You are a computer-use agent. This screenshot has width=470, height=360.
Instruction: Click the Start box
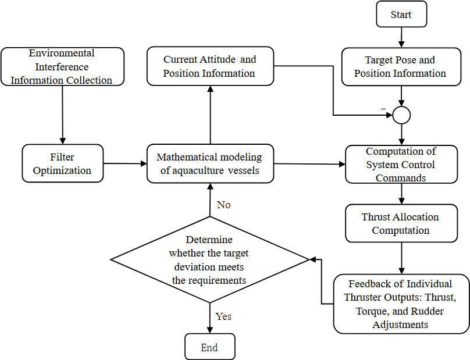(x=401, y=14)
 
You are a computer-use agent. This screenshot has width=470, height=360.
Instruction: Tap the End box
(x=210, y=347)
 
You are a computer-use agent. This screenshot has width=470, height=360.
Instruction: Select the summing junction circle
(x=401, y=115)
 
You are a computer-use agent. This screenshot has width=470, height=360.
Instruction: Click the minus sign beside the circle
(x=383, y=109)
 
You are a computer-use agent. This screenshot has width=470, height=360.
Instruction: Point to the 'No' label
(x=223, y=205)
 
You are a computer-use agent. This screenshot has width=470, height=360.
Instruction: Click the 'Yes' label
(x=223, y=316)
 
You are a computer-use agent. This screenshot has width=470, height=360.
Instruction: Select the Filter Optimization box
(x=63, y=163)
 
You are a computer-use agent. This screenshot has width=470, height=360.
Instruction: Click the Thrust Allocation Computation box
(x=401, y=223)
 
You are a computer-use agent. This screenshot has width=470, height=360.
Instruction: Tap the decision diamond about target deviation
(x=210, y=259)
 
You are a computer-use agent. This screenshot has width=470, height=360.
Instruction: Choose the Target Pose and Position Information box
(x=401, y=66)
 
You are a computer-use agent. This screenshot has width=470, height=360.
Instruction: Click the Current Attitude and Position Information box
(x=210, y=66)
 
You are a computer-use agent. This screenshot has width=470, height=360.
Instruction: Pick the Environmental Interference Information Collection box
(x=62, y=66)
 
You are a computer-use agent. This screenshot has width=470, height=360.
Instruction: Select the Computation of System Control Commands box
(x=401, y=164)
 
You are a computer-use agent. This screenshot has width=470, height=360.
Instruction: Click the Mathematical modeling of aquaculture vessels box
(x=210, y=163)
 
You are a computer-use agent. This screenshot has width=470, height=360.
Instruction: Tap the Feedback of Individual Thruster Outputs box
(x=401, y=304)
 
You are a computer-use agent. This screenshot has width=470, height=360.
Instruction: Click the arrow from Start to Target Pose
(x=401, y=37)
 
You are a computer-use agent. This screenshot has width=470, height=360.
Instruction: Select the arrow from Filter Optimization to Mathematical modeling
(x=125, y=163)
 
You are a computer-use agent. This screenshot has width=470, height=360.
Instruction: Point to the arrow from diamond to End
(x=210, y=318)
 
